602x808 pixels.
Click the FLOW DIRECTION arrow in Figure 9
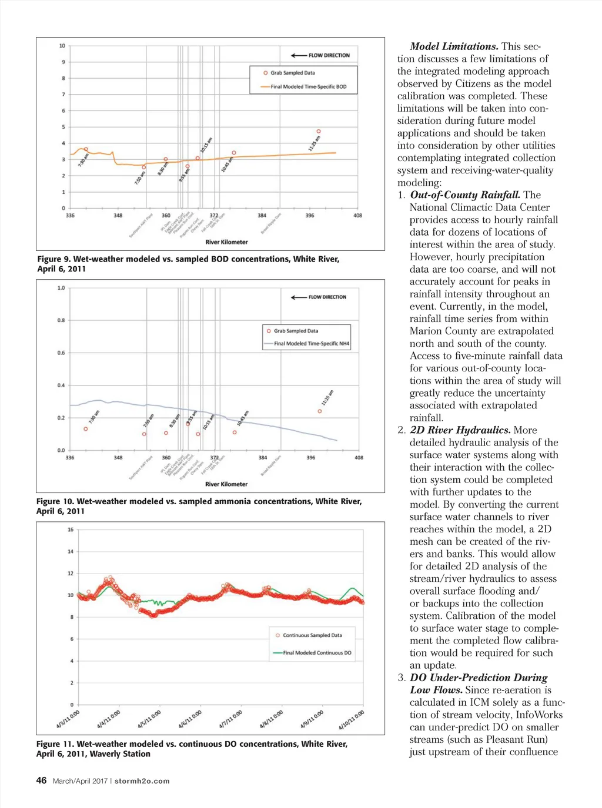pos(299,55)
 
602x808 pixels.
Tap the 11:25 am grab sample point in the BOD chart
pos(319,132)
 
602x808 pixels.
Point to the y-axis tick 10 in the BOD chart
pos(62,46)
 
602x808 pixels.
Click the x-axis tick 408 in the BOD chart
pos(357,216)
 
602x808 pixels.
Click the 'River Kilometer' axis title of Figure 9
pos(226,242)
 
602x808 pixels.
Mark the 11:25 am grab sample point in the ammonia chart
pos(320,411)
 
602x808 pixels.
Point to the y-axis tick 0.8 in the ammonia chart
pos(61,320)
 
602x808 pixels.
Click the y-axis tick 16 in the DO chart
pos(71,529)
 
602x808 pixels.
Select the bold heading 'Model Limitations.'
pos(454,46)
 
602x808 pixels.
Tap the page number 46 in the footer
pos(41,780)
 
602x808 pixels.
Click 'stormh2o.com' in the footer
pos(142,781)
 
